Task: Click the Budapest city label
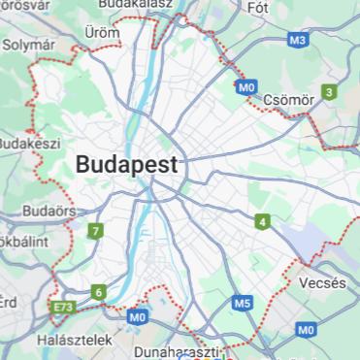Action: tap(127, 164)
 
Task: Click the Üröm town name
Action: tap(102, 33)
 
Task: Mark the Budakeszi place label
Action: tap(21, 144)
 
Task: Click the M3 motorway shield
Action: tap(299, 41)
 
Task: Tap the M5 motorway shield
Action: tap(243, 304)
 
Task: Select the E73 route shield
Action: tap(63, 309)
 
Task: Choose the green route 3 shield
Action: tap(330, 92)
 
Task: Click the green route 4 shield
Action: tap(263, 222)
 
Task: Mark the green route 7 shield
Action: tap(95, 231)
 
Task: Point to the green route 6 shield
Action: tap(99, 291)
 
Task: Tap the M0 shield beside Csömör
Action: tap(246, 87)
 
